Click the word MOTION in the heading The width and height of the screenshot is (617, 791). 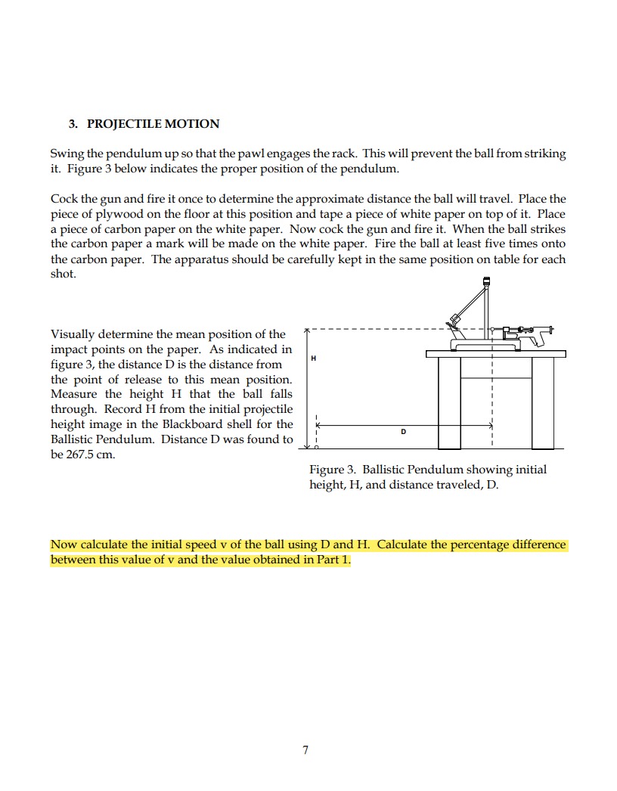(192, 124)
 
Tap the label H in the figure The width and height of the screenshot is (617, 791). (313, 357)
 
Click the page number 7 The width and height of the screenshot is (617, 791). (305, 750)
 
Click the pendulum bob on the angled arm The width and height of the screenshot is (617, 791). (454, 321)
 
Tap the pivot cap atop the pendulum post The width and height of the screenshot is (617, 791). (487, 284)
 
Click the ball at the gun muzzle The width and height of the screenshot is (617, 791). (492, 330)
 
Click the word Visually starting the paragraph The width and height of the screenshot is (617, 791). (73, 334)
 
